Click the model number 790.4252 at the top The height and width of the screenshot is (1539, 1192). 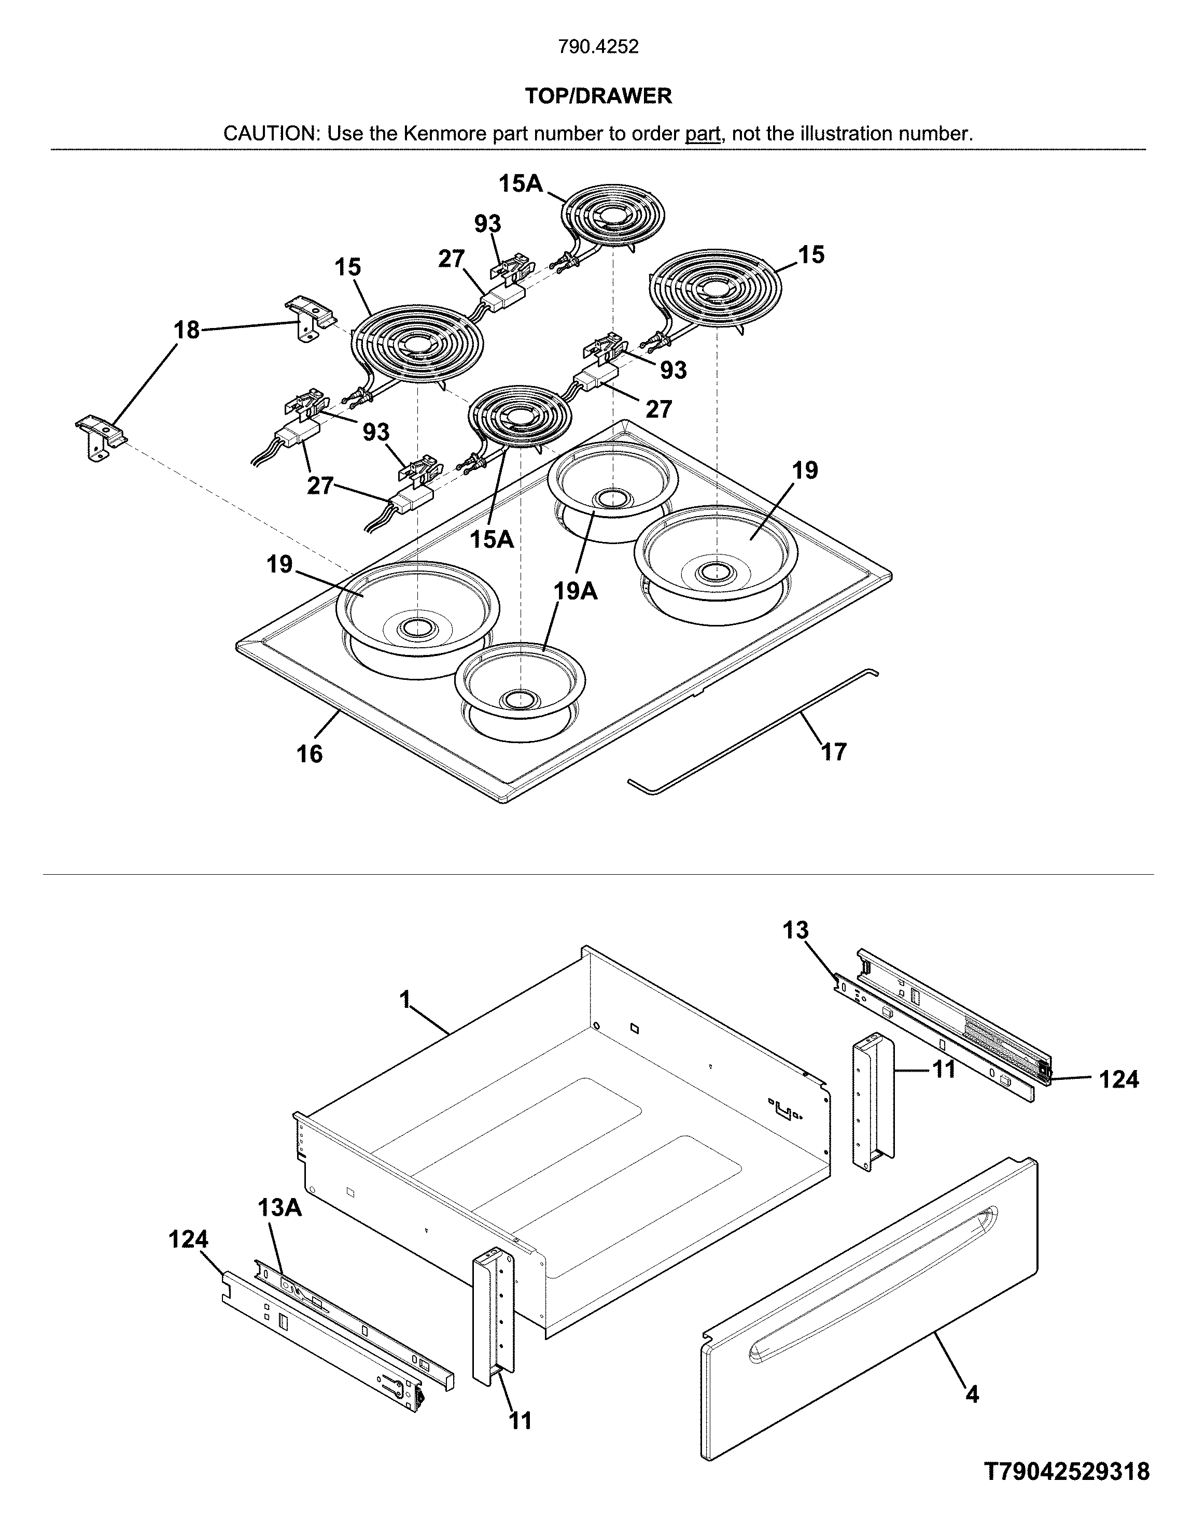[598, 47]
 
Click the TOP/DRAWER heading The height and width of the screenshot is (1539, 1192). [598, 96]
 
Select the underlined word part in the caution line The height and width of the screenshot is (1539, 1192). [703, 134]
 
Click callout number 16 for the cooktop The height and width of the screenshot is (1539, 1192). [310, 754]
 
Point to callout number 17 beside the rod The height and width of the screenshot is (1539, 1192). [833, 752]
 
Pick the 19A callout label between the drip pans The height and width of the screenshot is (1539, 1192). [575, 591]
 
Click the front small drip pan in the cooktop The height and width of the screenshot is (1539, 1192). [520, 687]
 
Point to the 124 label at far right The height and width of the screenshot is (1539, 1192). [1119, 1079]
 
